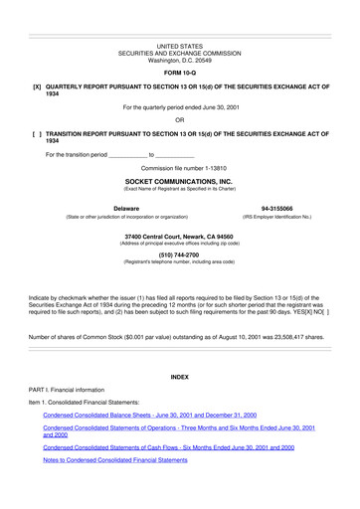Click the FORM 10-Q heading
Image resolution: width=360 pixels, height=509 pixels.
179,74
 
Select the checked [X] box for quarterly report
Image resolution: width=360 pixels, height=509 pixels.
37,87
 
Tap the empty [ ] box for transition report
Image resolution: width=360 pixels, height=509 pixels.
37,134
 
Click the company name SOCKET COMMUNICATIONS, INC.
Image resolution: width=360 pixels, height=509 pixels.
179,183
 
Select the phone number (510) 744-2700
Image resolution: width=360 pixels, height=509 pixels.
179,254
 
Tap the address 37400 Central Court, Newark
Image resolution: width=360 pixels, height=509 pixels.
179,236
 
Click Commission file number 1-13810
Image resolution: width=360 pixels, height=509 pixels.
179,169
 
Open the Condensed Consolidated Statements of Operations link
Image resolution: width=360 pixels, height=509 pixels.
179,431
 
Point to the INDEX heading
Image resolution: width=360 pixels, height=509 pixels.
179,378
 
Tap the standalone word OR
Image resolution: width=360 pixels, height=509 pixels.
179,120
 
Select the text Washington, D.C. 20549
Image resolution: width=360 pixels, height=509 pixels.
179,60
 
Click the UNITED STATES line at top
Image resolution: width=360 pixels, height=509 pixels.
179,46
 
